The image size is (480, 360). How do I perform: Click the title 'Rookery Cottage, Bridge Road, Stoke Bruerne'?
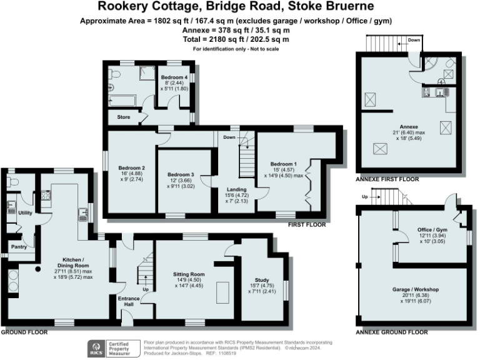click(x=239, y=7)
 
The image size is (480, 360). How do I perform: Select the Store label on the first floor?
click(x=124, y=117)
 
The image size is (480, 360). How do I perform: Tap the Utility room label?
click(x=25, y=213)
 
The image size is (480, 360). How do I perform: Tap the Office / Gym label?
click(x=430, y=230)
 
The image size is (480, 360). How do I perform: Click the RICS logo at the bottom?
click(x=97, y=347)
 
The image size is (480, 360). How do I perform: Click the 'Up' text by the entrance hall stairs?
click(x=146, y=290)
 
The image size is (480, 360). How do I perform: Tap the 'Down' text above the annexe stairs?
click(x=414, y=41)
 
